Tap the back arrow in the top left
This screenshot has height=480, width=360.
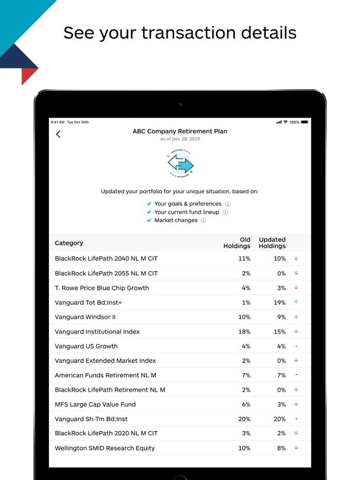58,135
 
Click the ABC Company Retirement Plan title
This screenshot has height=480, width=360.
180,131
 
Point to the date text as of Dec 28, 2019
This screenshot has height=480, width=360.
180,139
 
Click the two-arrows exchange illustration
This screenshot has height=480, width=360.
180,163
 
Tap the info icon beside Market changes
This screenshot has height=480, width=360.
204,220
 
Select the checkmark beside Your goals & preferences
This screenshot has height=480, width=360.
149,204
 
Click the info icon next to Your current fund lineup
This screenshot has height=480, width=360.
225,212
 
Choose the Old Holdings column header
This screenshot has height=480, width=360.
237,243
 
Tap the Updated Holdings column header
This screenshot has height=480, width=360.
272,243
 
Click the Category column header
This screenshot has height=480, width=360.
69,243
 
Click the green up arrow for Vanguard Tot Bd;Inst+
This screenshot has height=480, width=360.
296,302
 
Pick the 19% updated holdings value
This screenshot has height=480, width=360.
279,303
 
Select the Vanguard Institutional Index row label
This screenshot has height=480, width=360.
97,331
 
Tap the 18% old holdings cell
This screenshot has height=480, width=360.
244,331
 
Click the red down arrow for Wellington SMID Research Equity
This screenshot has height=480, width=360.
296,448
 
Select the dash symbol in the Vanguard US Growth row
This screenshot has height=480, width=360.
296,346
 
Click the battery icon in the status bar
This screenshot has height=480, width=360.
305,122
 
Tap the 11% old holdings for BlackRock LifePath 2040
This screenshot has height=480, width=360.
244,259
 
